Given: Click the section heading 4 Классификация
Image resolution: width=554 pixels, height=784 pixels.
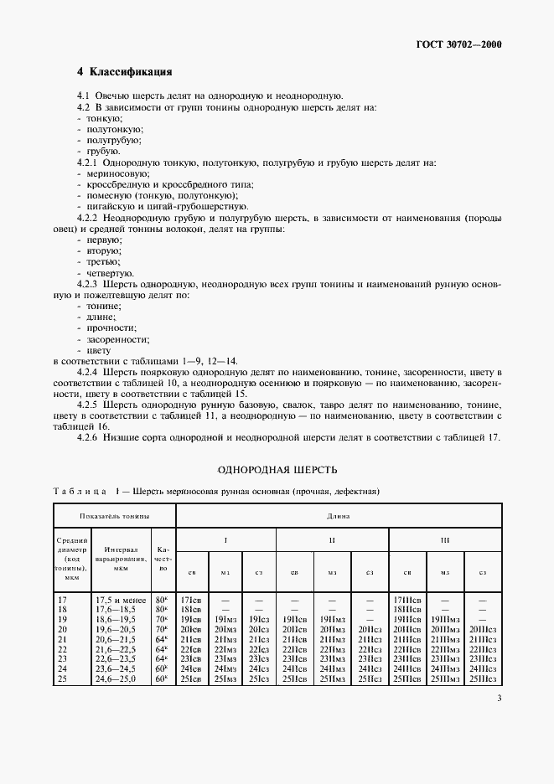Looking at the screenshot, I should click(125, 72).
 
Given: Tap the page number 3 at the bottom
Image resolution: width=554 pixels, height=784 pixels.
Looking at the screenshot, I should click(499, 699).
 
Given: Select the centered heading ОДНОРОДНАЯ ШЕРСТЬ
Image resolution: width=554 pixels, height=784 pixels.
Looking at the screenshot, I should click(277, 470).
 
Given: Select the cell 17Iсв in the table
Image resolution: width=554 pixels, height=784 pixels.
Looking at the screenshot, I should click(190, 601).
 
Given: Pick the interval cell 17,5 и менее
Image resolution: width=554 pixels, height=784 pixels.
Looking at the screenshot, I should click(120, 601).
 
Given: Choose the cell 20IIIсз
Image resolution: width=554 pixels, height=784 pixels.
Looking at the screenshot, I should click(482, 629).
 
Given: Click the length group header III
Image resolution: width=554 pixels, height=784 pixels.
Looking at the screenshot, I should click(445, 540).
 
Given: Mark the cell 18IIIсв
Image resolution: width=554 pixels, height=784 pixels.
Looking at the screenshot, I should click(407, 610).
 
